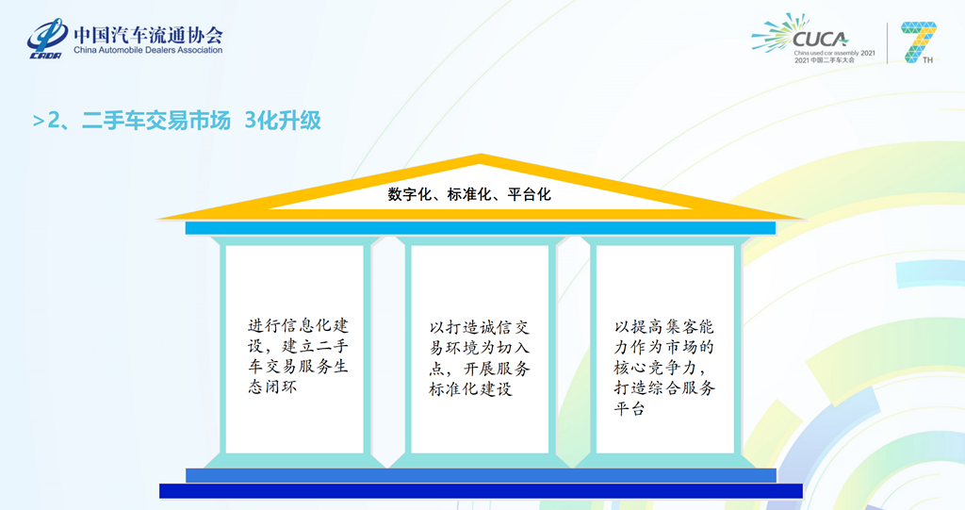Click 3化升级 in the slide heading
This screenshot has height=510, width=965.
pyautogui.click(x=282, y=121)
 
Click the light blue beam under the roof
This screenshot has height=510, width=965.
pyautogui.click(x=480, y=228)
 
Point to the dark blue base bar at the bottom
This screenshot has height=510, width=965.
pyautogui.click(x=480, y=490)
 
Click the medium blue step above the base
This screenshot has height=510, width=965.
pyautogui.click(x=480, y=475)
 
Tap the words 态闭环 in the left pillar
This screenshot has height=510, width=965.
pyautogui.click(x=272, y=387)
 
